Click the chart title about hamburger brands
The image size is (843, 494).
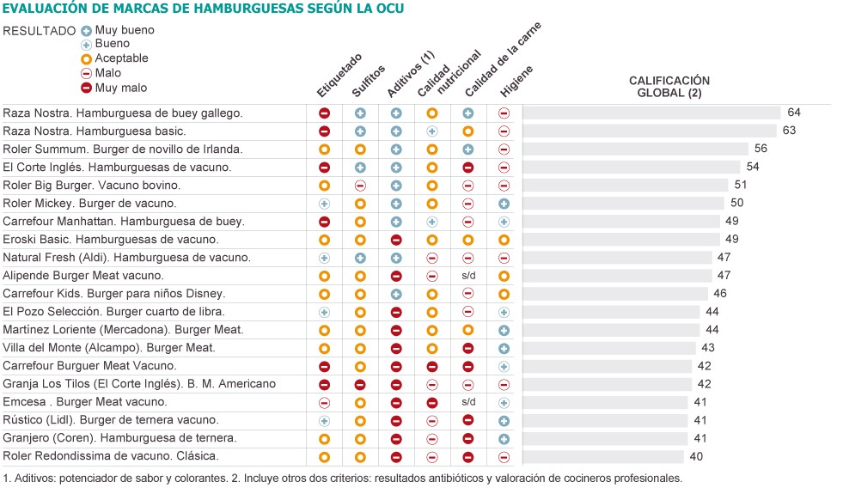(203, 8)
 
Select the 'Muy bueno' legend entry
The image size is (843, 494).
(118, 30)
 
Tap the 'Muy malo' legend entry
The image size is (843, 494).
(114, 88)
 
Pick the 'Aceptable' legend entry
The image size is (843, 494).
(114, 58)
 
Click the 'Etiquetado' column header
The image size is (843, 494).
(339, 76)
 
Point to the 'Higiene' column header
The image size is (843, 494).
(516, 81)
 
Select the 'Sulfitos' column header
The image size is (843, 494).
(369, 81)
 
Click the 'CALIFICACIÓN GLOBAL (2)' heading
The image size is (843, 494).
(669, 87)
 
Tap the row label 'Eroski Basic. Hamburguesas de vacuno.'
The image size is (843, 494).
(111, 239)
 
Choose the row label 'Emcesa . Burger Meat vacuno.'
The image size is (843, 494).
(85, 401)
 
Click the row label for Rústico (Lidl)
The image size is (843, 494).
(111, 420)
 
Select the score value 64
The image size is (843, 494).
(794, 113)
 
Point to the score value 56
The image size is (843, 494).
(761, 149)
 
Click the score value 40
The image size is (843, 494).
(696, 456)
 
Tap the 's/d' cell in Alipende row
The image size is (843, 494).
(468, 275)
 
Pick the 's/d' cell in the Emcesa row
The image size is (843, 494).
(468, 401)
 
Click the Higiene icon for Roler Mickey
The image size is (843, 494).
(504, 204)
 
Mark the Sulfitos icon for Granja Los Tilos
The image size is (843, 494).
(360, 384)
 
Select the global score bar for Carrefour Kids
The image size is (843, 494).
(615, 294)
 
